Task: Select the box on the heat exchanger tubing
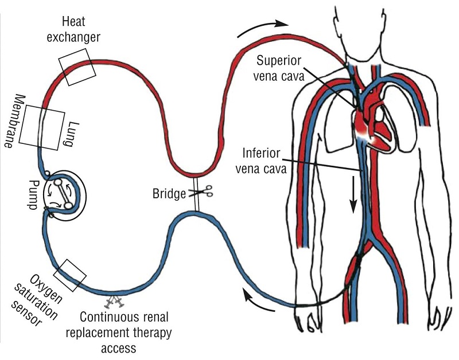[x=73, y=66]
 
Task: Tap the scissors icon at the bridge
[x=205, y=193]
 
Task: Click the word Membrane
[x=13, y=121]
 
